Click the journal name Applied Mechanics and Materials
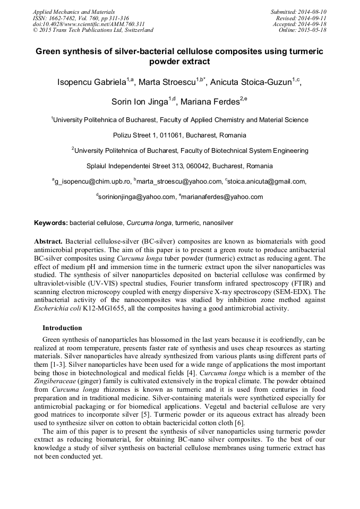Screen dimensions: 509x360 [74, 12]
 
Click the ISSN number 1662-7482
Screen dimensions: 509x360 [62, 18]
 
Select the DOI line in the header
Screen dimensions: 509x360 [89, 24]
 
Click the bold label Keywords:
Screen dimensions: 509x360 [51, 223]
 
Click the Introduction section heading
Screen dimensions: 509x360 [62, 327]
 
